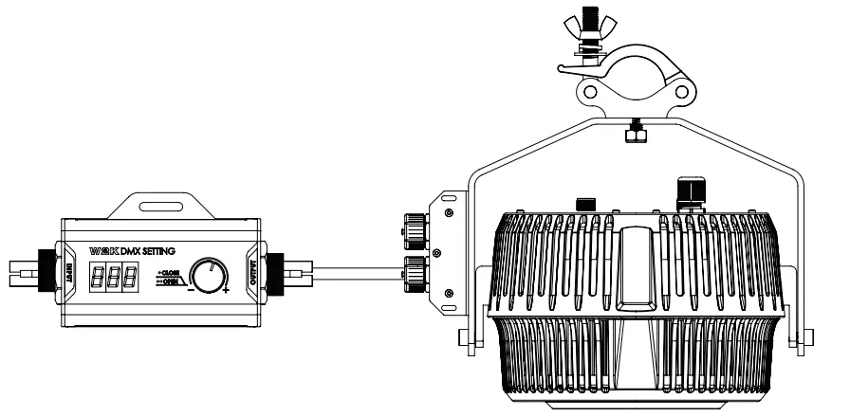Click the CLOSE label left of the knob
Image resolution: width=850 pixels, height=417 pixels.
click(171, 272)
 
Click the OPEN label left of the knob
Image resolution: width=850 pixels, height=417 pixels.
click(171, 281)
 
